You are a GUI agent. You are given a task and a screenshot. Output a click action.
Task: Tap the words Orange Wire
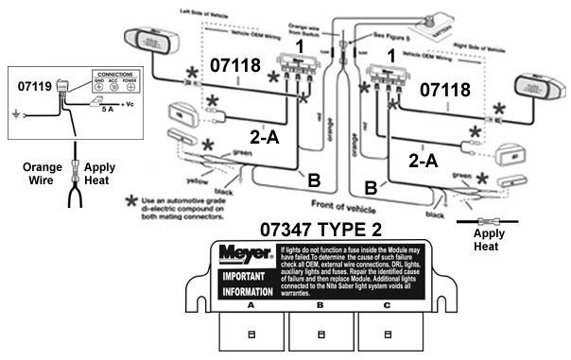tap(29, 175)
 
